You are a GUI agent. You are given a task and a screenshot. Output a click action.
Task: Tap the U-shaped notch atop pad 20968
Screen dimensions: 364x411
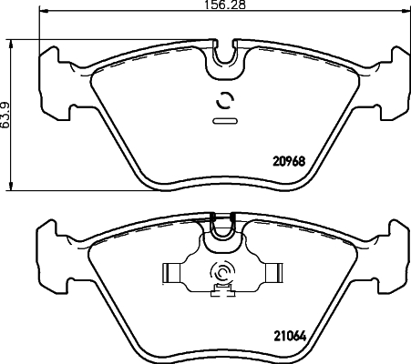(x=223, y=57)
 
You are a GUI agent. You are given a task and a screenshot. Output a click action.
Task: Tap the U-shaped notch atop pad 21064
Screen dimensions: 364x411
(x=223, y=231)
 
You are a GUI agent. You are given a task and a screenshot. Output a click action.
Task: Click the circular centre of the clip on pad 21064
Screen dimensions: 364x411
(x=221, y=272)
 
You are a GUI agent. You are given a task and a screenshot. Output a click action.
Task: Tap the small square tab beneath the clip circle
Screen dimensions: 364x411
(x=218, y=292)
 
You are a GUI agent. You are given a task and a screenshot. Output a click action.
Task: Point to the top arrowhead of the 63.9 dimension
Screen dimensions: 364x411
(x=11, y=42)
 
